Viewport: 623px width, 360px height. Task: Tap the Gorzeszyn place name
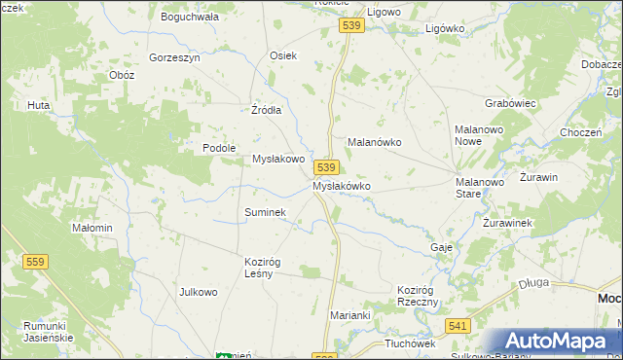(x=174, y=57)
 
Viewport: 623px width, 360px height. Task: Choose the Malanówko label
(x=375, y=141)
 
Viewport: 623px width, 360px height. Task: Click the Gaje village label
(x=441, y=247)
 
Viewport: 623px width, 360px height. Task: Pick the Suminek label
(x=264, y=211)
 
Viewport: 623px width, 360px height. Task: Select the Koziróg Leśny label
(x=262, y=267)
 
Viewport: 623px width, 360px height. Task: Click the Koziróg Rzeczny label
(x=420, y=296)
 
